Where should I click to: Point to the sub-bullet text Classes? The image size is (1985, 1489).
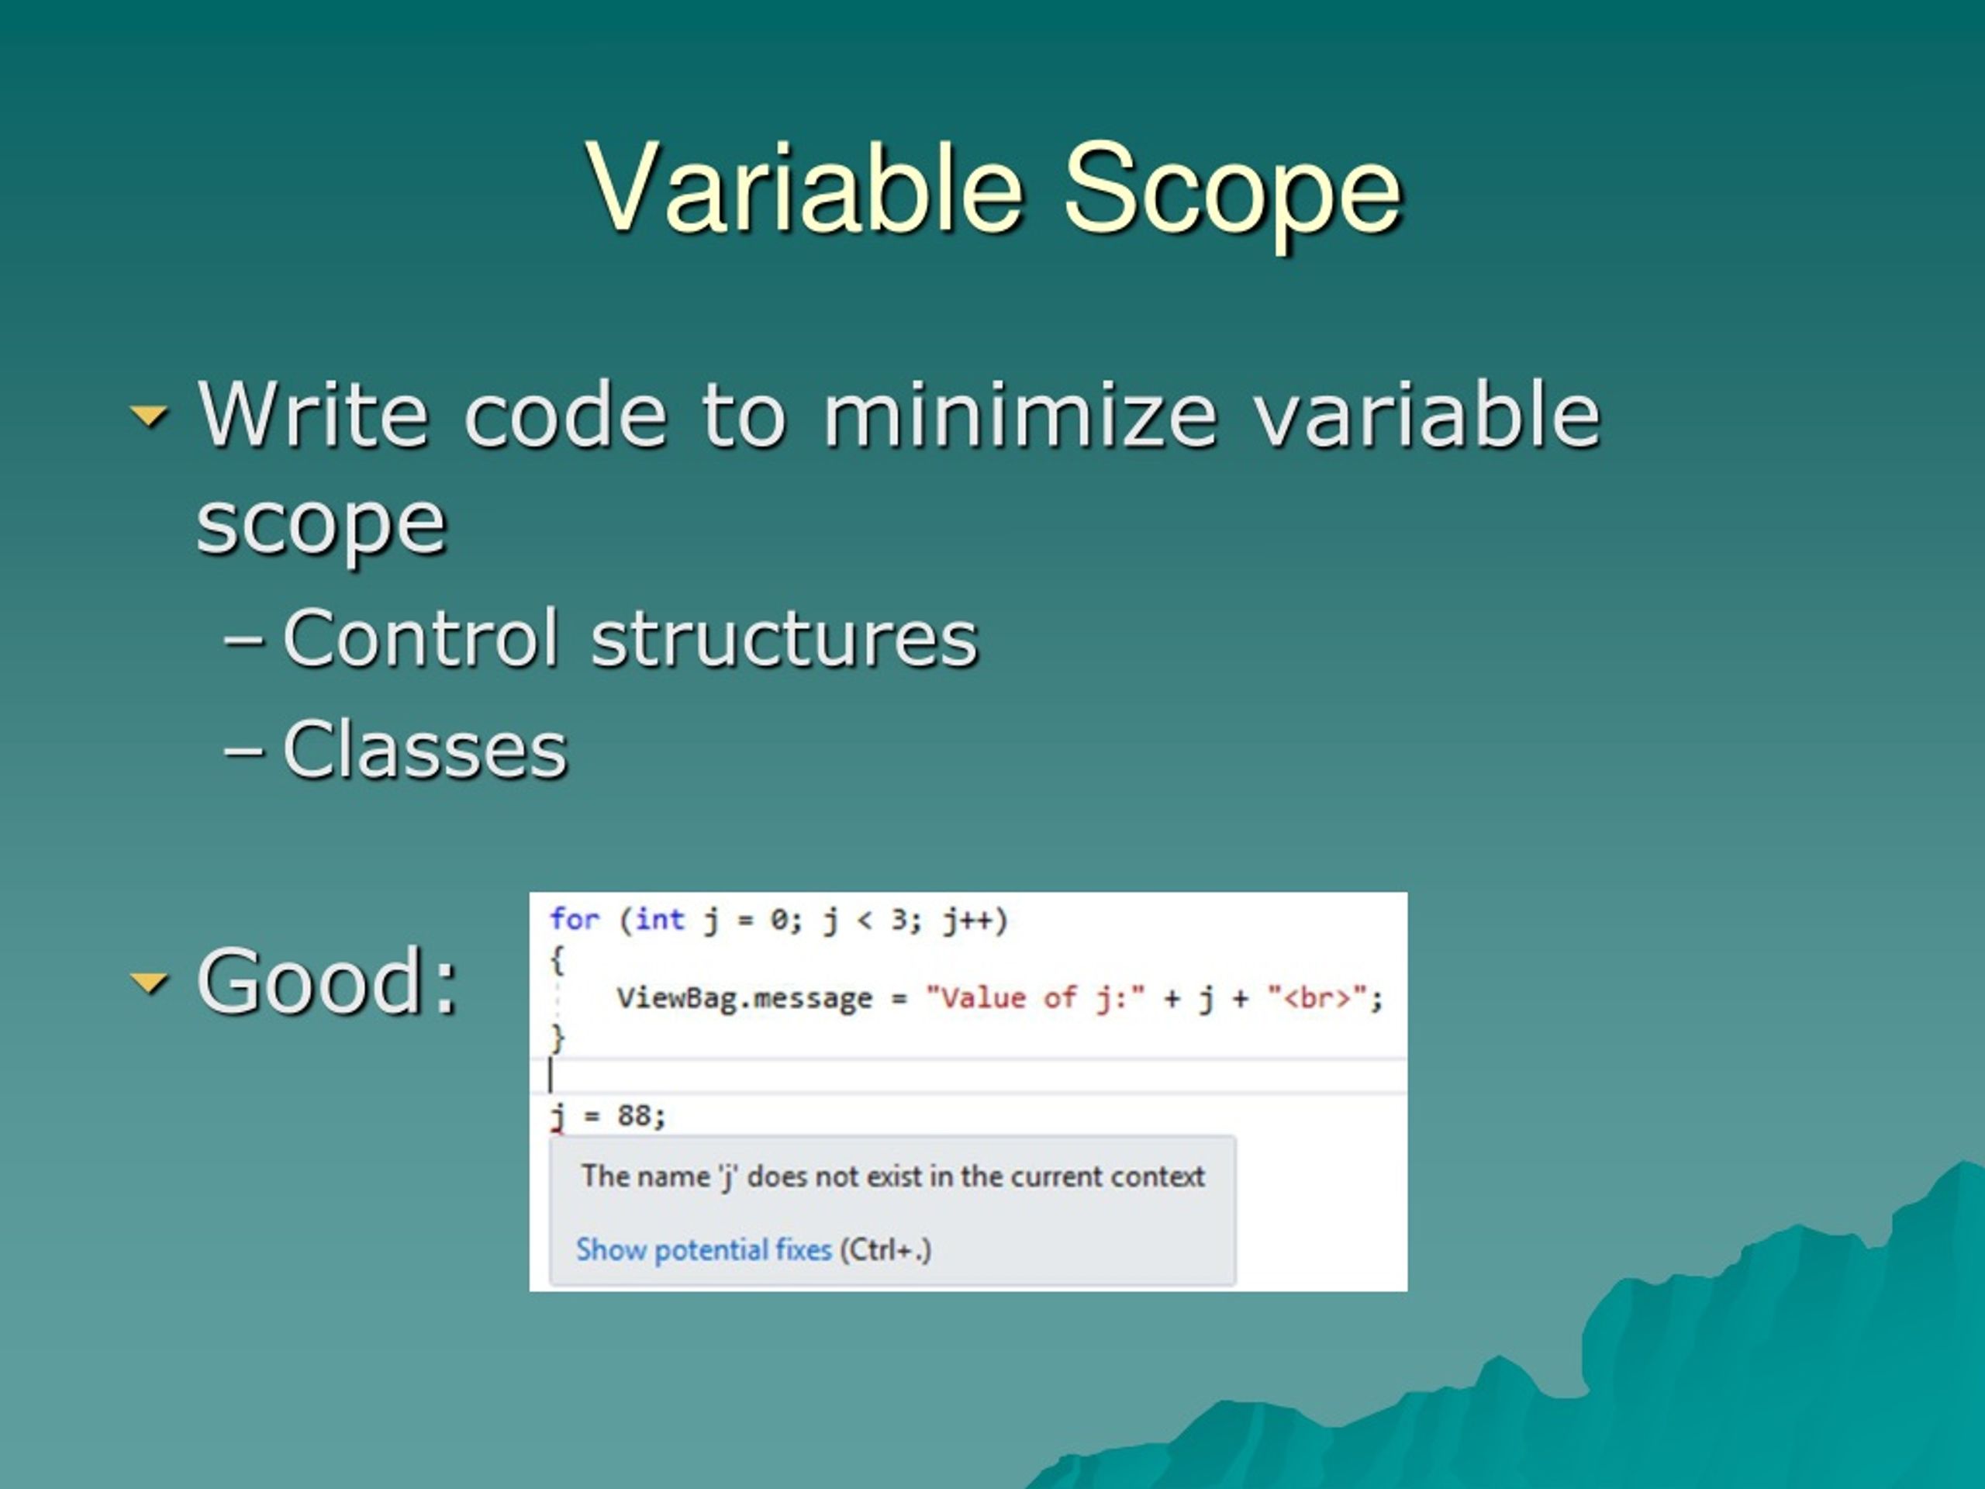424,748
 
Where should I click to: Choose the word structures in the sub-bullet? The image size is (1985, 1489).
785,638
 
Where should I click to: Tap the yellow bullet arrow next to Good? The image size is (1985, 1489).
149,983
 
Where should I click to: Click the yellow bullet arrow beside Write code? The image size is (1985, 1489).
149,416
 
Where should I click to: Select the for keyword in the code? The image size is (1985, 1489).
575,919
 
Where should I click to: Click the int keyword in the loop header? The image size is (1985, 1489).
660,919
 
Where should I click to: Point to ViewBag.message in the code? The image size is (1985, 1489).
744,998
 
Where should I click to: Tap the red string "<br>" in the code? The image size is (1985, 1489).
1317,998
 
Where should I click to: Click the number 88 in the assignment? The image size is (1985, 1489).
634,1116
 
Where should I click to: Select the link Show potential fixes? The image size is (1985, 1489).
703,1249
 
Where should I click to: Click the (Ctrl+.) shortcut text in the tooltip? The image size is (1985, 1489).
885,1249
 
